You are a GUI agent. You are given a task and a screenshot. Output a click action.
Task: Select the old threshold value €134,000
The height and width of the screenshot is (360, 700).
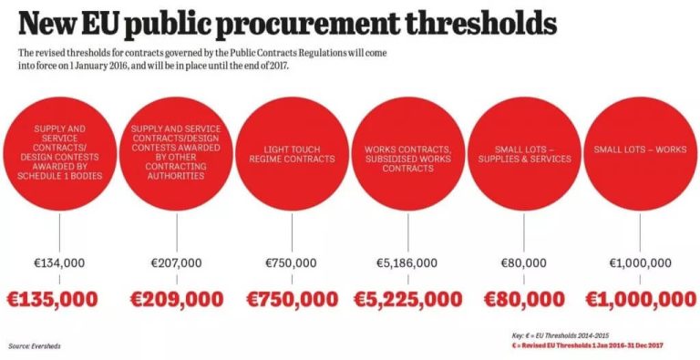pos(59,263)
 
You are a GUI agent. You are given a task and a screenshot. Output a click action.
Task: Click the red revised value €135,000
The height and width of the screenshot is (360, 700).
pos(59,298)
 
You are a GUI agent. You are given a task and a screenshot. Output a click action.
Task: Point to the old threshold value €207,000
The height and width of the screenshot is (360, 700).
pos(176,263)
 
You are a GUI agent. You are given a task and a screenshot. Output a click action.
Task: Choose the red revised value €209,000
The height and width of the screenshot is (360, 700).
pos(176,298)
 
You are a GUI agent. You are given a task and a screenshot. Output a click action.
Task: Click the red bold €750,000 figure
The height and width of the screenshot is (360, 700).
pos(291,298)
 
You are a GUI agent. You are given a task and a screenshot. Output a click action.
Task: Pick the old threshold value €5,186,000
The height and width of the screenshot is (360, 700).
pos(407,263)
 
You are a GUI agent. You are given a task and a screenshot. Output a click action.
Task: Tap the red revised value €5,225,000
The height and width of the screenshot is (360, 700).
pos(407,298)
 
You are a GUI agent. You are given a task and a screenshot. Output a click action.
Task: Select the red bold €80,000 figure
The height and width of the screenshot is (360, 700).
pos(524,298)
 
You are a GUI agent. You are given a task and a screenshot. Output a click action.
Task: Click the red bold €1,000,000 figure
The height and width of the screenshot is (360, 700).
pos(640,298)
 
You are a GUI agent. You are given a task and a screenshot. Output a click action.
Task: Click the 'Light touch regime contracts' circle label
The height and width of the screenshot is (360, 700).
pos(292,154)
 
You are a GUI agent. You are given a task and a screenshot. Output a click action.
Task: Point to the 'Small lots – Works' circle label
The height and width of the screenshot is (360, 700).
pos(640,149)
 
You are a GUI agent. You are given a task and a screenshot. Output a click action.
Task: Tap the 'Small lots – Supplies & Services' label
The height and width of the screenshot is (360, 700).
pos(524,154)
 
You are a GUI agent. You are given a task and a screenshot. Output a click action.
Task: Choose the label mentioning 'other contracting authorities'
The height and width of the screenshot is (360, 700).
pos(176,152)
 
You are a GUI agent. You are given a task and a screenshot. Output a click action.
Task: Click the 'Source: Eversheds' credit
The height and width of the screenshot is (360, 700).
pos(34,346)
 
